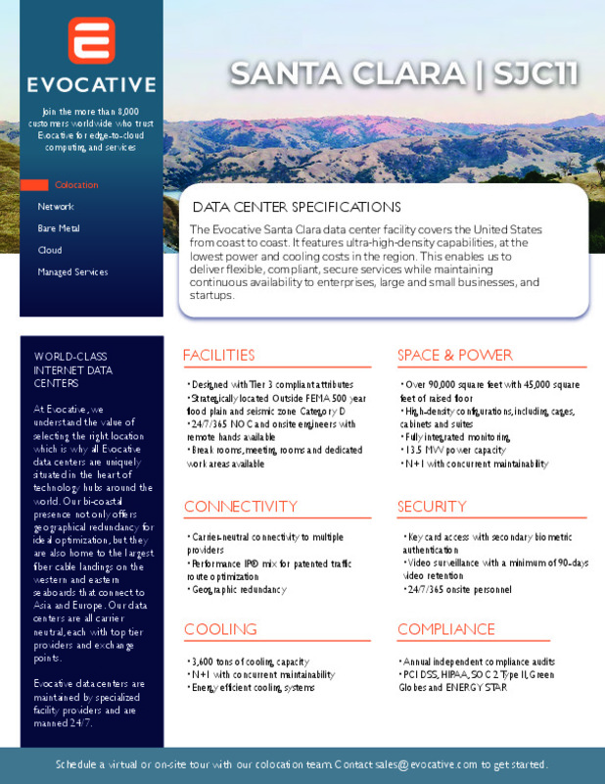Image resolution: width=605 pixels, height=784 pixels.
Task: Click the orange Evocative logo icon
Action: [x=91, y=39]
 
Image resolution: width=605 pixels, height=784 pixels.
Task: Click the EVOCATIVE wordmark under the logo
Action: [x=91, y=84]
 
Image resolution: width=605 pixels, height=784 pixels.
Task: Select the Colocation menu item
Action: [x=75, y=185]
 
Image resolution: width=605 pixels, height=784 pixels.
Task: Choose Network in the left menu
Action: [x=55, y=207]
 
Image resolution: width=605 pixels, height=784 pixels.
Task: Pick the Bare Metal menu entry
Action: [x=59, y=228]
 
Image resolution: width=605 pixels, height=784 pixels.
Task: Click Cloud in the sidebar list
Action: [x=49, y=250]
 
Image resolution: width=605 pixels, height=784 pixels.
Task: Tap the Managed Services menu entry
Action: [x=72, y=271]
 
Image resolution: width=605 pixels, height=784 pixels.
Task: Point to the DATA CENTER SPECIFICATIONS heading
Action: [x=297, y=208]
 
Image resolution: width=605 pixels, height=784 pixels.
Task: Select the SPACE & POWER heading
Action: [x=455, y=355]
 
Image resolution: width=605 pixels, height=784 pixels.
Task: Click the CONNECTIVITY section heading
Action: [x=241, y=507]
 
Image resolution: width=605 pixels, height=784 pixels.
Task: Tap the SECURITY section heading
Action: [x=432, y=507]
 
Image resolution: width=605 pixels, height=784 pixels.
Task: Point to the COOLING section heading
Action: [x=221, y=629]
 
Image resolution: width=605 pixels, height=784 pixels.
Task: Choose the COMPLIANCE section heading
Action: [x=446, y=629]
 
